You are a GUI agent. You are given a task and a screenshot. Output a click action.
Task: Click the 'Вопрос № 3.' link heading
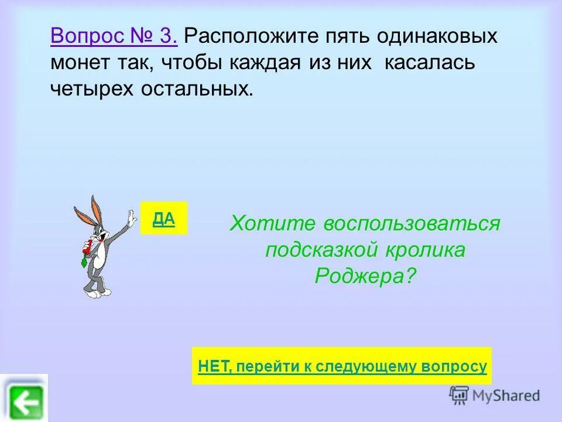(x=114, y=36)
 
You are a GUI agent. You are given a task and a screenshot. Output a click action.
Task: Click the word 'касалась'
(x=429, y=62)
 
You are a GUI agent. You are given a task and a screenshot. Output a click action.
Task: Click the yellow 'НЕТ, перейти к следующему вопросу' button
(x=342, y=366)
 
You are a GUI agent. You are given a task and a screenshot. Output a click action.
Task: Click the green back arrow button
(x=24, y=401)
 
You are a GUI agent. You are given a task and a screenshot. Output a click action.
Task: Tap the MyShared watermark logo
(x=495, y=395)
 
